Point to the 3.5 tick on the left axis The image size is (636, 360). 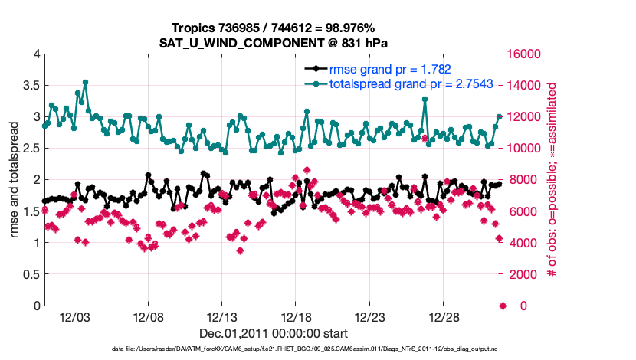tap(30, 85)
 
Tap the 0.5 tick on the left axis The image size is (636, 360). tap(30, 274)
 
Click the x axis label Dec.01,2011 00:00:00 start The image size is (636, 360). tap(274, 333)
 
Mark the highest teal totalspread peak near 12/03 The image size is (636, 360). tap(85, 82)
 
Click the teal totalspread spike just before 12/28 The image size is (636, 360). tap(425, 99)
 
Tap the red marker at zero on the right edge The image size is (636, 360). tap(503, 306)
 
